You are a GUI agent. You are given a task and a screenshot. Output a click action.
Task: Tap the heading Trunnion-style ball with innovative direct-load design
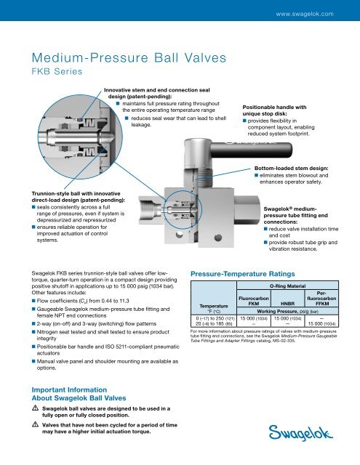click(55, 198)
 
